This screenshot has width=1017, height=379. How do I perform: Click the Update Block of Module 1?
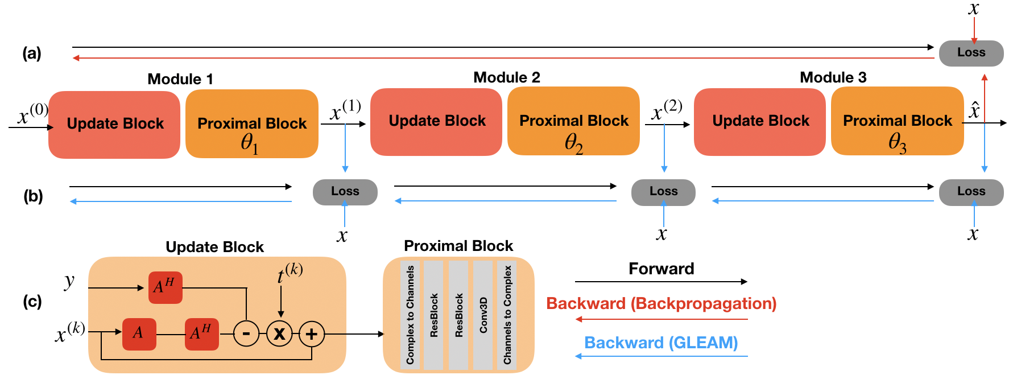click(114, 124)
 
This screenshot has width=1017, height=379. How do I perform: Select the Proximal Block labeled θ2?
click(573, 121)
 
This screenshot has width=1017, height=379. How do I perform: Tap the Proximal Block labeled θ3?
click(897, 121)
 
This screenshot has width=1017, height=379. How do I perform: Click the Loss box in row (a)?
click(971, 53)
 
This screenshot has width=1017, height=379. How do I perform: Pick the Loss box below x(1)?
click(345, 192)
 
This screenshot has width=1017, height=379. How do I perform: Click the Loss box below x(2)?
click(663, 192)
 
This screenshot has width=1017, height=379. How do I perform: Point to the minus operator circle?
click(246, 333)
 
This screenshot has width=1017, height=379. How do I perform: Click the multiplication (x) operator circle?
click(279, 333)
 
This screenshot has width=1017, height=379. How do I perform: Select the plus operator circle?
click(312, 333)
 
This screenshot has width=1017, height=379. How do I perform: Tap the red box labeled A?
click(139, 333)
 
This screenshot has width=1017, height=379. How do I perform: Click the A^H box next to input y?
click(165, 287)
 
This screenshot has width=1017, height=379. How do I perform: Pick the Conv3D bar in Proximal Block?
click(483, 315)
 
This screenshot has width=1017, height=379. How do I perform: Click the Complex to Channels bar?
click(410, 315)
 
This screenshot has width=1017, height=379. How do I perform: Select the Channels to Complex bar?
click(507, 315)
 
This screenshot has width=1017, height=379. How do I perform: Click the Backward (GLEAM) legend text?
click(661, 343)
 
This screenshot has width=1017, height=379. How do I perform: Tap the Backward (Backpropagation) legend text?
click(661, 303)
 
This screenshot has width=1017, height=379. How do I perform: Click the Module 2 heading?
click(506, 77)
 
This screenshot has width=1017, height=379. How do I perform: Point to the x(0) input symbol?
click(32, 114)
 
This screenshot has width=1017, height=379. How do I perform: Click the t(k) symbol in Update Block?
click(290, 273)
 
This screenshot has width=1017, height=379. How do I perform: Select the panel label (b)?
click(33, 196)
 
